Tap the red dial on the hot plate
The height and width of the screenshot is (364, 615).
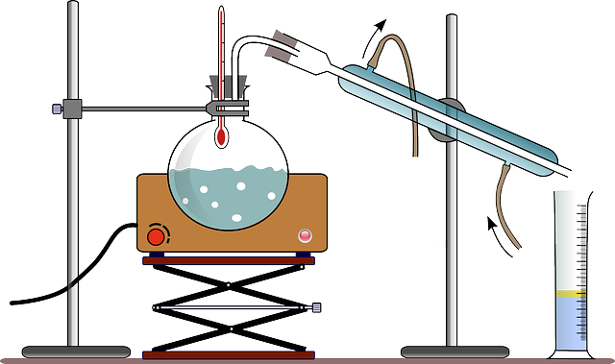(x=155, y=235)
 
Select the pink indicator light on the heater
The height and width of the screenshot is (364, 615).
(x=306, y=234)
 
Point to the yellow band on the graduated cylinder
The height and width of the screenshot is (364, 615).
(x=571, y=292)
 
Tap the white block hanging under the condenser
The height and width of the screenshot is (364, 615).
(x=415, y=162)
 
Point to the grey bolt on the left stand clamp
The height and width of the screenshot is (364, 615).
(x=57, y=108)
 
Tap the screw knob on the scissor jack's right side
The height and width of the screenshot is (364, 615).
(x=317, y=308)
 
